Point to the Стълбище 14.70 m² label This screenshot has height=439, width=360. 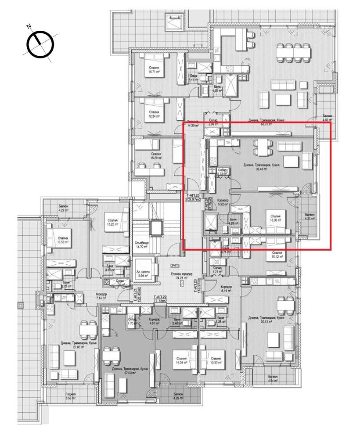[141, 245]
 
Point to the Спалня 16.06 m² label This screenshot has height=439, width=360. [276, 218]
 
